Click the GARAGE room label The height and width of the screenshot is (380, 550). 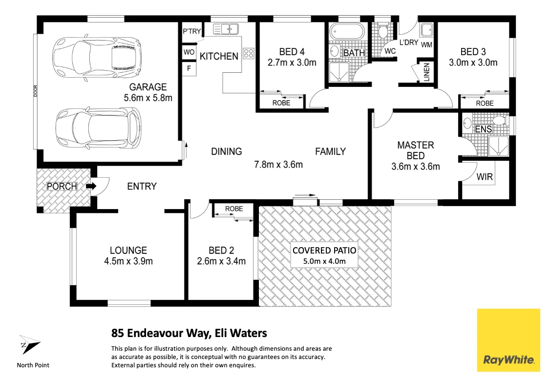[x=148, y=87]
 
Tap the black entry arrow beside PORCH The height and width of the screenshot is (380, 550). [x=91, y=186]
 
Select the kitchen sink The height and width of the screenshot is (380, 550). [x=226, y=29]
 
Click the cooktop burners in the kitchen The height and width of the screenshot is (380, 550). [x=248, y=53]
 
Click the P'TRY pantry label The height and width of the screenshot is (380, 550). [x=191, y=31]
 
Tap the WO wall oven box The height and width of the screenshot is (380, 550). [x=189, y=52]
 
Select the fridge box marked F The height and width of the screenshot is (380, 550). [x=189, y=68]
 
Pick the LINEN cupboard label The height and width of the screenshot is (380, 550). [x=426, y=72]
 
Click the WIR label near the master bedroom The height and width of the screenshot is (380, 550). [x=485, y=177]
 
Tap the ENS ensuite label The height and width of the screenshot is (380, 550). [x=484, y=129]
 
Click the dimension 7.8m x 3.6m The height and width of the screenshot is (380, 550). [x=278, y=165]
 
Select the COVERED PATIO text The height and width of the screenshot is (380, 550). [x=324, y=251]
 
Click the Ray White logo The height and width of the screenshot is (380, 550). [x=508, y=340]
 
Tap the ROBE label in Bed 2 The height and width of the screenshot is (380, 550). [x=234, y=209]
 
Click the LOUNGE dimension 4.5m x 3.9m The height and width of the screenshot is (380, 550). [x=128, y=261]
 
